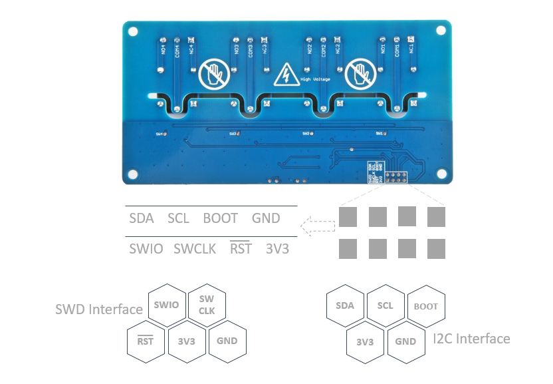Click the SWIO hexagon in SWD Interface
coord(165,305)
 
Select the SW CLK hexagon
coord(206,305)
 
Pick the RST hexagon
coord(145,341)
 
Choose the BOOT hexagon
coord(425,307)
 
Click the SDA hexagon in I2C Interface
coord(345,305)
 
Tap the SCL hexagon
coord(385,305)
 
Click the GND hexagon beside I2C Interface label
coord(405,341)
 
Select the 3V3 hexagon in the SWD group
coord(186,341)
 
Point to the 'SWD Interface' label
coord(98,309)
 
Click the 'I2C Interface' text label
coord(471,339)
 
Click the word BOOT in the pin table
coord(220,218)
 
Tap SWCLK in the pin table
coord(195,250)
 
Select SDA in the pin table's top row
coord(141,218)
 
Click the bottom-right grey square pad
coord(436,249)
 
